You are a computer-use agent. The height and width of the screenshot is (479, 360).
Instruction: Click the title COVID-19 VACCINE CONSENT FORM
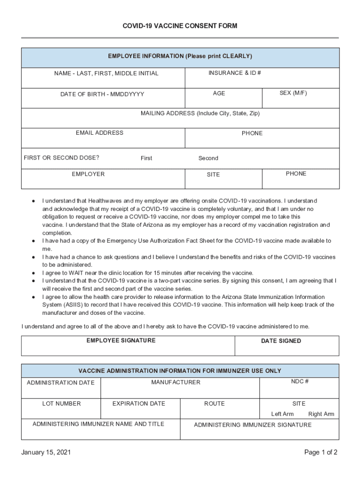pyautogui.click(x=180, y=26)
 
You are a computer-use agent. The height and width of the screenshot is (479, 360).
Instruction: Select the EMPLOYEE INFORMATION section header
pyautogui.click(x=180, y=56)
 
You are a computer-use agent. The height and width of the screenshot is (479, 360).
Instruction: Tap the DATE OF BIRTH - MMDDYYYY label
pyautogui.click(x=102, y=94)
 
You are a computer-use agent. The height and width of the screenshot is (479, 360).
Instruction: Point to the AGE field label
pyautogui.click(x=219, y=93)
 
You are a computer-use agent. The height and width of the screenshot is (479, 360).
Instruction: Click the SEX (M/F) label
pyautogui.click(x=293, y=93)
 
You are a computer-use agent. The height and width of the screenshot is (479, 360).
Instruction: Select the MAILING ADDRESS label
pyautogui.click(x=200, y=113)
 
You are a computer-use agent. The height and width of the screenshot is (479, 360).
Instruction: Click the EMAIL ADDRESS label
pyautogui.click(x=100, y=133)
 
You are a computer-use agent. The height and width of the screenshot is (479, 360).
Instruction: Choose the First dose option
pyautogui.click(x=146, y=158)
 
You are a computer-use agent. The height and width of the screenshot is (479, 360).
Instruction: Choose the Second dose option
pyautogui.click(x=208, y=158)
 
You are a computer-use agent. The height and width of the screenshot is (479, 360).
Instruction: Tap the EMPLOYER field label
pyautogui.click(x=88, y=174)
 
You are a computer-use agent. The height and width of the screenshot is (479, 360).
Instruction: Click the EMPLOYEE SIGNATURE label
pyautogui.click(x=121, y=341)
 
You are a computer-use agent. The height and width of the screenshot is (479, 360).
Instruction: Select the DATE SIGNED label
pyautogui.click(x=281, y=341)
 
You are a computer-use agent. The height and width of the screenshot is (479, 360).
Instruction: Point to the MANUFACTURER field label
pyautogui.click(x=176, y=382)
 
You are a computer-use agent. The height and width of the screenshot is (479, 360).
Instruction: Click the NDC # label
pyautogui.click(x=300, y=381)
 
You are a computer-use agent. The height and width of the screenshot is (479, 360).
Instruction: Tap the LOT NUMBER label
pyautogui.click(x=61, y=403)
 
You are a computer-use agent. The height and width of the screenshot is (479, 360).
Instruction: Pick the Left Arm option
pyautogui.click(x=282, y=414)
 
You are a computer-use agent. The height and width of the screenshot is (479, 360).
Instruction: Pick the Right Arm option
pyautogui.click(x=321, y=414)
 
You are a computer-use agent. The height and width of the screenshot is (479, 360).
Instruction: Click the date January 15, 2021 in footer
pyautogui.click(x=46, y=452)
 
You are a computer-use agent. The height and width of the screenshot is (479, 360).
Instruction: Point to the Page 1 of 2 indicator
pyautogui.click(x=321, y=452)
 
